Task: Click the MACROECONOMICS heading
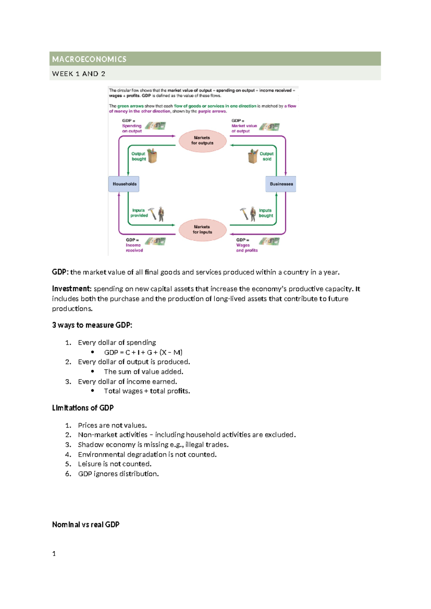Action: tap(89, 59)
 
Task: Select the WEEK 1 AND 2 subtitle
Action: tap(79, 74)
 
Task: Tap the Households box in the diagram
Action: tap(124, 184)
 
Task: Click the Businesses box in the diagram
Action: tap(281, 184)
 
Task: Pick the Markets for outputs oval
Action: tap(202, 140)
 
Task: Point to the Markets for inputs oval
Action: tap(202, 229)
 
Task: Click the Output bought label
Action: tap(138, 156)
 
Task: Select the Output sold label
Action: tap(267, 156)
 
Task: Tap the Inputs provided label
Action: tap(139, 213)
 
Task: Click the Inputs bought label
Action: tap(266, 213)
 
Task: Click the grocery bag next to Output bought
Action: tap(152, 156)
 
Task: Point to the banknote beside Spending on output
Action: tap(156, 126)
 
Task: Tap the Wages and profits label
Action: tap(246, 248)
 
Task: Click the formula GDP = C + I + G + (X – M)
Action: tap(143, 352)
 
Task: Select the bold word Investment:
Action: tap(71, 289)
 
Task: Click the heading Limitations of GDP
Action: tap(83, 408)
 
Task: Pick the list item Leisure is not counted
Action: tap(115, 464)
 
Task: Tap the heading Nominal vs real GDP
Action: tap(85, 525)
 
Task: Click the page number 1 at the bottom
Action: tap(54, 554)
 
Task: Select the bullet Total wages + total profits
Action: tap(147, 391)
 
